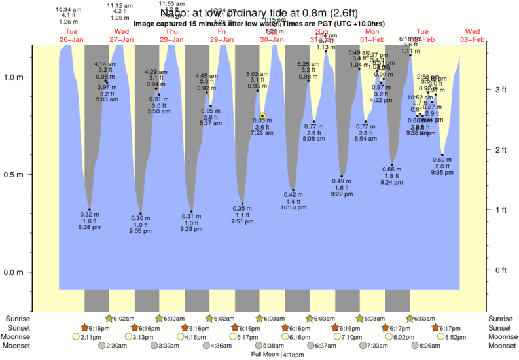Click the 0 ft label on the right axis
pyautogui.click(x=501, y=270)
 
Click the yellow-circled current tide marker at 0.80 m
pyautogui.click(x=262, y=115)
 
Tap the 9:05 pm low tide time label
pyautogui.click(x=140, y=231)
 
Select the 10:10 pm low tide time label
pyautogui.click(x=293, y=207)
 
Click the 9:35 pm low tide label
pyautogui.click(x=442, y=173)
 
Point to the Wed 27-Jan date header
pyautogui.click(x=122, y=35)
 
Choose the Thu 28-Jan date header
pyautogui.click(x=171, y=35)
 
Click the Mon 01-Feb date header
pyautogui.click(x=372, y=35)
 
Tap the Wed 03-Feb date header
pyautogui.click(x=473, y=35)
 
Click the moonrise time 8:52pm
pyautogui.click(x=457, y=336)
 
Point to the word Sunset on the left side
pyautogui.click(x=18, y=327)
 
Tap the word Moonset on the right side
pyautogui.click(x=501, y=345)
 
